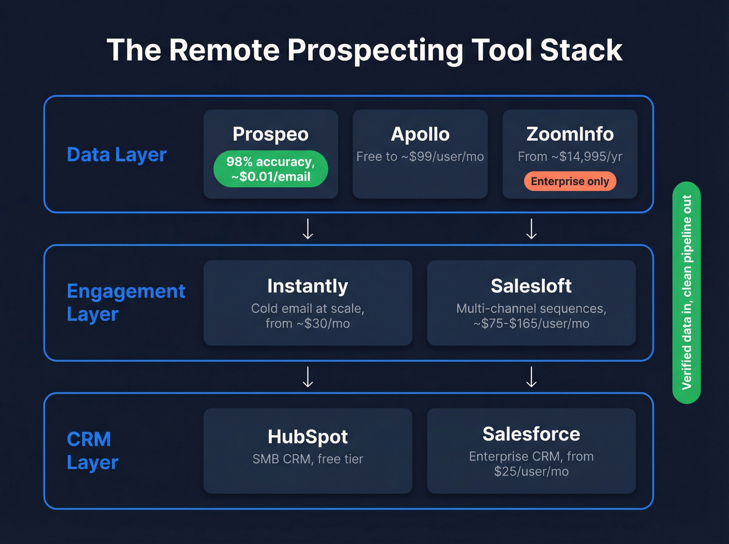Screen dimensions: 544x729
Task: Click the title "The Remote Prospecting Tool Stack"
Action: pyautogui.click(x=364, y=50)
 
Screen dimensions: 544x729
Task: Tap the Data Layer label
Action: pyautogui.click(x=117, y=155)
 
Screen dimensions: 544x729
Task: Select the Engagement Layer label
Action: pyautogui.click(x=125, y=302)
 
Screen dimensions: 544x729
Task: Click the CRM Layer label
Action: pyautogui.click(x=93, y=451)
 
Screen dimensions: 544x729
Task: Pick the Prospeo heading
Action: pyautogui.click(x=270, y=134)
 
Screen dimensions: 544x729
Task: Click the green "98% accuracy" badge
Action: pyautogui.click(x=270, y=169)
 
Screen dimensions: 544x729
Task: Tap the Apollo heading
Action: pyautogui.click(x=420, y=134)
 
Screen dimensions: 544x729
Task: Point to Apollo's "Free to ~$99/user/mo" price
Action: pyautogui.click(x=420, y=157)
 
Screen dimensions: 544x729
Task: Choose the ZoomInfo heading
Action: pyautogui.click(x=570, y=134)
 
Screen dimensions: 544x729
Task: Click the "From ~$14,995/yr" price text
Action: pyautogui.click(x=570, y=157)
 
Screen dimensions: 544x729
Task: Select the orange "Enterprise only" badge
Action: pyautogui.click(x=570, y=182)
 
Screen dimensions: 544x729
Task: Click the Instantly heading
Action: pyautogui.click(x=307, y=286)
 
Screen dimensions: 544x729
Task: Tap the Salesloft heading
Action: pyautogui.click(x=531, y=286)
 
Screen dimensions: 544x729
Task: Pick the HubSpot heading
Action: pyautogui.click(x=307, y=437)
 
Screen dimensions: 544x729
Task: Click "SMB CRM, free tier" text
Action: pyautogui.click(x=307, y=459)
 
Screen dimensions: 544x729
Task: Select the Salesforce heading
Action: pyautogui.click(x=531, y=434)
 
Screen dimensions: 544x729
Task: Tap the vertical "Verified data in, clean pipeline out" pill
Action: pyautogui.click(x=686, y=293)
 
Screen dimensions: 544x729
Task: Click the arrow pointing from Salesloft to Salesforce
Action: pyautogui.click(x=531, y=377)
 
